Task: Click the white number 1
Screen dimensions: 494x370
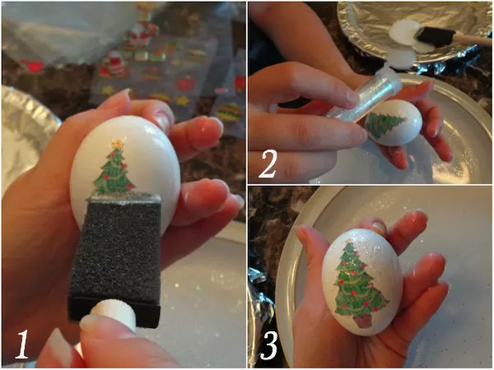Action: pyautogui.click(x=23, y=345)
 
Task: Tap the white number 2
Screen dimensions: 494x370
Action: pyautogui.click(x=268, y=164)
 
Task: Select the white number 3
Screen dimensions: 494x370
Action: pyautogui.click(x=268, y=346)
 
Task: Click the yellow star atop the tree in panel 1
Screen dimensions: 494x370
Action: pyautogui.click(x=118, y=143)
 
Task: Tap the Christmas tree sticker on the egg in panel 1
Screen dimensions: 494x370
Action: pyautogui.click(x=114, y=167)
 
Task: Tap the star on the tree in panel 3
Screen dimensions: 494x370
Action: pyautogui.click(x=348, y=242)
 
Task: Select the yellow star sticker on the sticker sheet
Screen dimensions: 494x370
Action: pyautogui.click(x=183, y=100)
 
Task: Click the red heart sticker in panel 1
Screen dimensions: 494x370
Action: pyautogui.click(x=31, y=67)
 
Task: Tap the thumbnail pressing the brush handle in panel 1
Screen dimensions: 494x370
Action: pyautogui.click(x=89, y=321)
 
